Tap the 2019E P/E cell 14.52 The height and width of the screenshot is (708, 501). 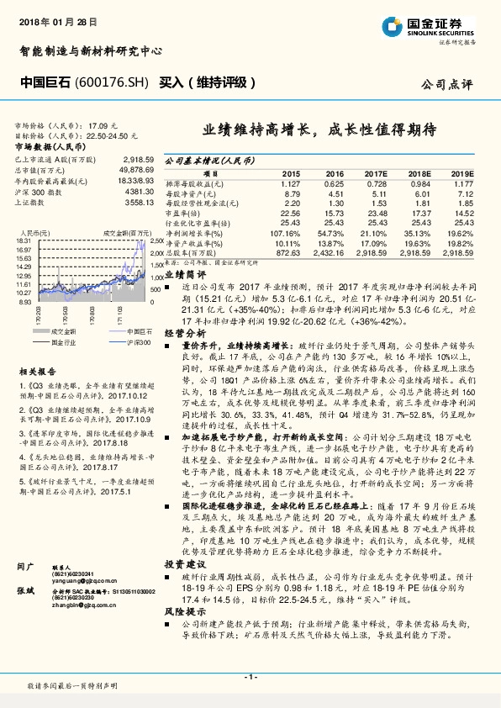coord(463,213)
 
